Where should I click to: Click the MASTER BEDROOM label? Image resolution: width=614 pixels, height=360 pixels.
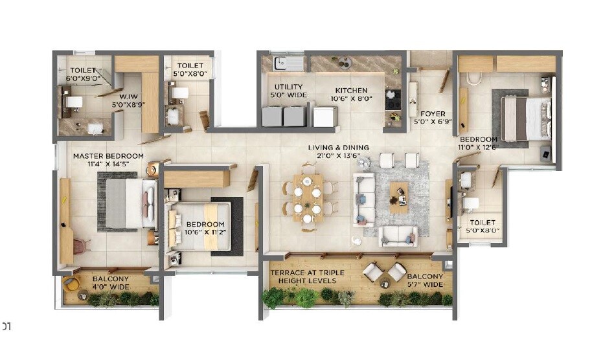108,156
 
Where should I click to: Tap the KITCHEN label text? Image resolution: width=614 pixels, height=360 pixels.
351,91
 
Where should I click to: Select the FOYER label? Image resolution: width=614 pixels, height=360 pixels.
432,114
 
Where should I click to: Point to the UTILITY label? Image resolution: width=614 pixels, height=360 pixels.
288,87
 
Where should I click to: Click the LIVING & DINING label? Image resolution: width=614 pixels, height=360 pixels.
338,148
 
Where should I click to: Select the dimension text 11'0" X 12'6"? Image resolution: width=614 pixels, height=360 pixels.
479,148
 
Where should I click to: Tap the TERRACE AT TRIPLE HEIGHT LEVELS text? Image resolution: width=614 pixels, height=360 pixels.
307,277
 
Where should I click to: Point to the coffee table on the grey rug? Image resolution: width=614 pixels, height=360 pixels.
399,196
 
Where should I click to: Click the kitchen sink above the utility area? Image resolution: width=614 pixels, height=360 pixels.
284,63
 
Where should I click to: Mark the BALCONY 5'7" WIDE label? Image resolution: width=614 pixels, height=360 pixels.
425,280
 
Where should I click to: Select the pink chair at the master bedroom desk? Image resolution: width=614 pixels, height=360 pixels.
80,246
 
